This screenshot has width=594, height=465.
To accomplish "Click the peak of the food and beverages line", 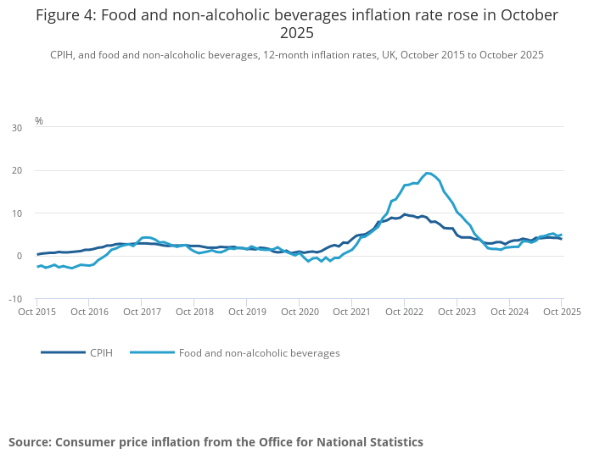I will click(428, 174).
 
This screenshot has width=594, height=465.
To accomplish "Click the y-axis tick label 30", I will click(17, 128).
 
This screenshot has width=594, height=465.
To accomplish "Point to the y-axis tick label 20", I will click(17, 170).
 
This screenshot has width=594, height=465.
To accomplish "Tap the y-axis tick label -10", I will click(15, 299).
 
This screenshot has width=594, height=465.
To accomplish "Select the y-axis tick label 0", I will click(20, 256).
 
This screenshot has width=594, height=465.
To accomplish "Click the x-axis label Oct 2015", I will click(37, 312).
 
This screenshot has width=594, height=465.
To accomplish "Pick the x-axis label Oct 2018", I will click(194, 312).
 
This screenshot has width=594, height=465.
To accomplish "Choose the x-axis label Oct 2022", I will click(404, 312).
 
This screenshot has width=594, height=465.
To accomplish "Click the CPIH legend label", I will click(102, 352).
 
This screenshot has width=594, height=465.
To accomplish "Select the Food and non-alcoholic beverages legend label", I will click(259, 352).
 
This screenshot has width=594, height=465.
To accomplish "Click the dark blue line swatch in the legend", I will click(63, 352).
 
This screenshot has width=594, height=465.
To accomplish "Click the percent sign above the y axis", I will click(39, 121).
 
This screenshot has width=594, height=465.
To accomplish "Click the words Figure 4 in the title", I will click(64, 15).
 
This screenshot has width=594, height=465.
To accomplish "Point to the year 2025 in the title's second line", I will click(297, 34).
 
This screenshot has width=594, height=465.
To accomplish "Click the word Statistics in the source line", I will click(392, 442).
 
